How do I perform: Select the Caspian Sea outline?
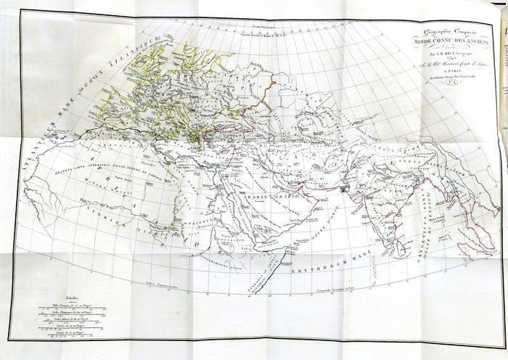(x=290, y=131)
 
